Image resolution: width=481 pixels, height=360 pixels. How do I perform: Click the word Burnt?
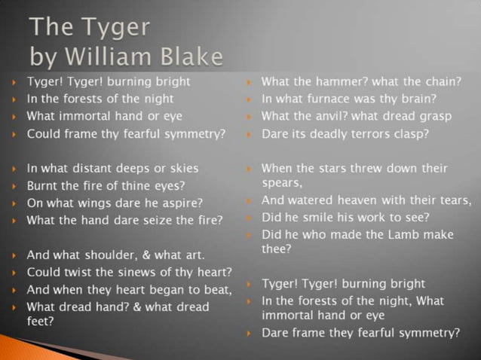42,185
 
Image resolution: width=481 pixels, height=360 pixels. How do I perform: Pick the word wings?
94,203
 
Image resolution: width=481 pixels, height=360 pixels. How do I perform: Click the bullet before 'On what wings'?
14,203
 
